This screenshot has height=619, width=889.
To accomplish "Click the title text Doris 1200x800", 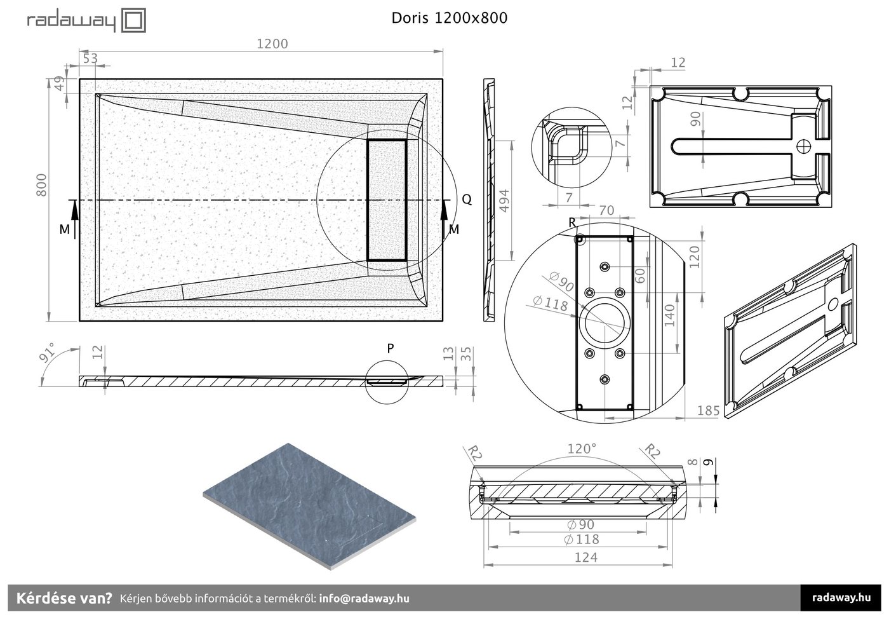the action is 450,18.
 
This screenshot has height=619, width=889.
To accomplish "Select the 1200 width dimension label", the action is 272,44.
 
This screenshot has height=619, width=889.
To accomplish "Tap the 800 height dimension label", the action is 41,185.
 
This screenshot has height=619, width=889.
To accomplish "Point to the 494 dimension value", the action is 504,201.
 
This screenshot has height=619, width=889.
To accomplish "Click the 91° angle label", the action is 47,353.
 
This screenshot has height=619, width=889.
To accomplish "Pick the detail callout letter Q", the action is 467,199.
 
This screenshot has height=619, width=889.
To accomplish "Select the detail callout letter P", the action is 390,348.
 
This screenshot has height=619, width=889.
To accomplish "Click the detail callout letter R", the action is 572,222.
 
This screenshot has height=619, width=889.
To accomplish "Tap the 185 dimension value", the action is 709,411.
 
